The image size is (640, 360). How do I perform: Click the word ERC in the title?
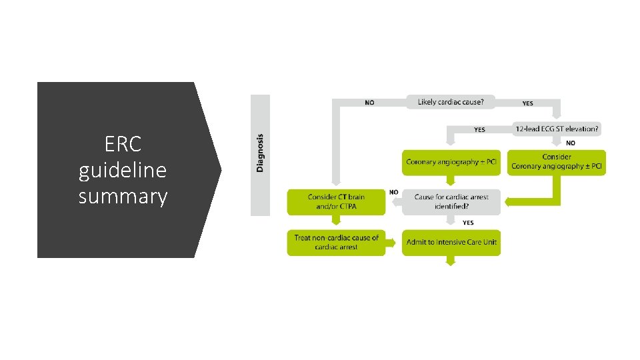pos(123,145)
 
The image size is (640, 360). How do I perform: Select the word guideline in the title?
pos(123,171)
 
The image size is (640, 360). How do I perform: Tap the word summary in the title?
pos(123,197)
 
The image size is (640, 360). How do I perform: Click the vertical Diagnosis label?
pos(260,153)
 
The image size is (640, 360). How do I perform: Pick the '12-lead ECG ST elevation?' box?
pos(557,129)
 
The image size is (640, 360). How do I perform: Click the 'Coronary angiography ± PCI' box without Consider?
pos(451,162)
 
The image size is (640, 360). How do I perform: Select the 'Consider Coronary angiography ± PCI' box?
pos(557,162)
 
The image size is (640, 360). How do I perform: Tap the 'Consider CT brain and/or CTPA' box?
pos(336,202)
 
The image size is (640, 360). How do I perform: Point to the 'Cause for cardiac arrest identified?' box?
pos(451,202)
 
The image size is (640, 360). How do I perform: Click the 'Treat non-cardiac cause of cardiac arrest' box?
pos(336,243)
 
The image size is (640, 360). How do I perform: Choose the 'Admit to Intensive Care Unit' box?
pos(451,243)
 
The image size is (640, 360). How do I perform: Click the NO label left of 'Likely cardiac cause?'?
pos(369,103)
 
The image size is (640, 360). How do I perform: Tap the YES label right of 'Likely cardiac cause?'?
pos(527,103)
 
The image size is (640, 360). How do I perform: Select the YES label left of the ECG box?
pos(479,130)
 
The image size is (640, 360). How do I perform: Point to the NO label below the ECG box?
pos(571,143)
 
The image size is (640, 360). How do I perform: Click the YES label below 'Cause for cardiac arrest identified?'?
pos(468,223)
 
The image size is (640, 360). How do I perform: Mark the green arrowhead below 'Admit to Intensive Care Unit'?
pos(450,261)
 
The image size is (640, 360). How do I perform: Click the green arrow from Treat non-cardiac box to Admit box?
pos(393,243)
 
